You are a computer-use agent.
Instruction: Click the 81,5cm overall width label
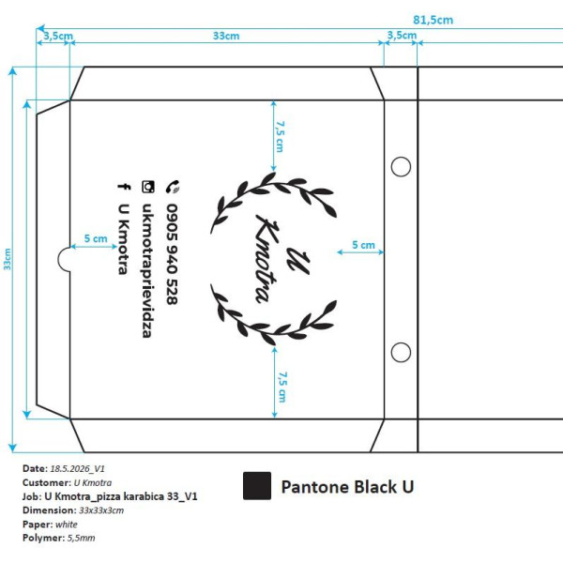[433, 20]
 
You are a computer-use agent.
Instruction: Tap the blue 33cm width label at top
[226, 36]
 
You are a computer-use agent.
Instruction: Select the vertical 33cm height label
[8, 259]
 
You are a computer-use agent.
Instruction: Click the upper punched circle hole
[401, 167]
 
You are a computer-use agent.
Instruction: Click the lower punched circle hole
[401, 352]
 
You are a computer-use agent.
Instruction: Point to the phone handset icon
[173, 187]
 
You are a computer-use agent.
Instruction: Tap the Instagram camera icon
[148, 187]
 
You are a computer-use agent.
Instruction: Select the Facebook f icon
[124, 187]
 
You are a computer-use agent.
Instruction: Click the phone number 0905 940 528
[173, 254]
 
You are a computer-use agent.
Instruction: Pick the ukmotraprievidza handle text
[147, 270]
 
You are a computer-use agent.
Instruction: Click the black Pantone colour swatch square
[257, 486]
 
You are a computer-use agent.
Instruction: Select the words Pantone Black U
[347, 487]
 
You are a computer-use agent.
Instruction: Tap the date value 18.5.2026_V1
[77, 468]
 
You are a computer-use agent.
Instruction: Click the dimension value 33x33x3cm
[101, 510]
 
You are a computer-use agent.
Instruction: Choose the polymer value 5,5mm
[81, 538]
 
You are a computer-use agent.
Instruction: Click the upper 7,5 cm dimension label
[280, 136]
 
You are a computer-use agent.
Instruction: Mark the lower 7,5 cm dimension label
[282, 387]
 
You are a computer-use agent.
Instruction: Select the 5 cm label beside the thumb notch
[96, 238]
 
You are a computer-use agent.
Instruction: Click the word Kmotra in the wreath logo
[267, 259]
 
